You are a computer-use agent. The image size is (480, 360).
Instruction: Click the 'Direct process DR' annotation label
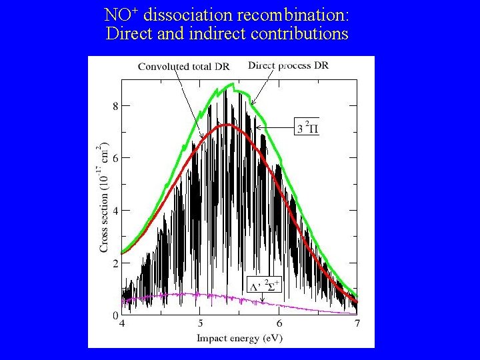click(288, 65)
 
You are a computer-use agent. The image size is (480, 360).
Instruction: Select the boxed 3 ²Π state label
click(307, 126)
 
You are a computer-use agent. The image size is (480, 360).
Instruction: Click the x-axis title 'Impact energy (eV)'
click(239, 338)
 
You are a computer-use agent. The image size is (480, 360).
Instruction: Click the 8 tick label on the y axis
click(115, 105)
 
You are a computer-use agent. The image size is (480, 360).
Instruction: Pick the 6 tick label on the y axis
click(115, 158)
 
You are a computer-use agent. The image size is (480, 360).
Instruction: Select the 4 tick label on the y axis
click(115, 211)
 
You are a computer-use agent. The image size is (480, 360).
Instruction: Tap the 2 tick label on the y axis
click(115, 263)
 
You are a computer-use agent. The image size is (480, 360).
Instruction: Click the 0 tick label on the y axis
click(115, 315)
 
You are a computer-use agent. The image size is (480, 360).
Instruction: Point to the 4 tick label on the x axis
click(121, 324)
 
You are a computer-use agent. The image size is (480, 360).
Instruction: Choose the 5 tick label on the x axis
click(200, 324)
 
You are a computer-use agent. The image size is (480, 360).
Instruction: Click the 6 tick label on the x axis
click(279, 324)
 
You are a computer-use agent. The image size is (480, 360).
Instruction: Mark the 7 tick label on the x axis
click(357, 324)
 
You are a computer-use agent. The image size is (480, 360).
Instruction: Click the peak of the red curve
click(228, 124)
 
